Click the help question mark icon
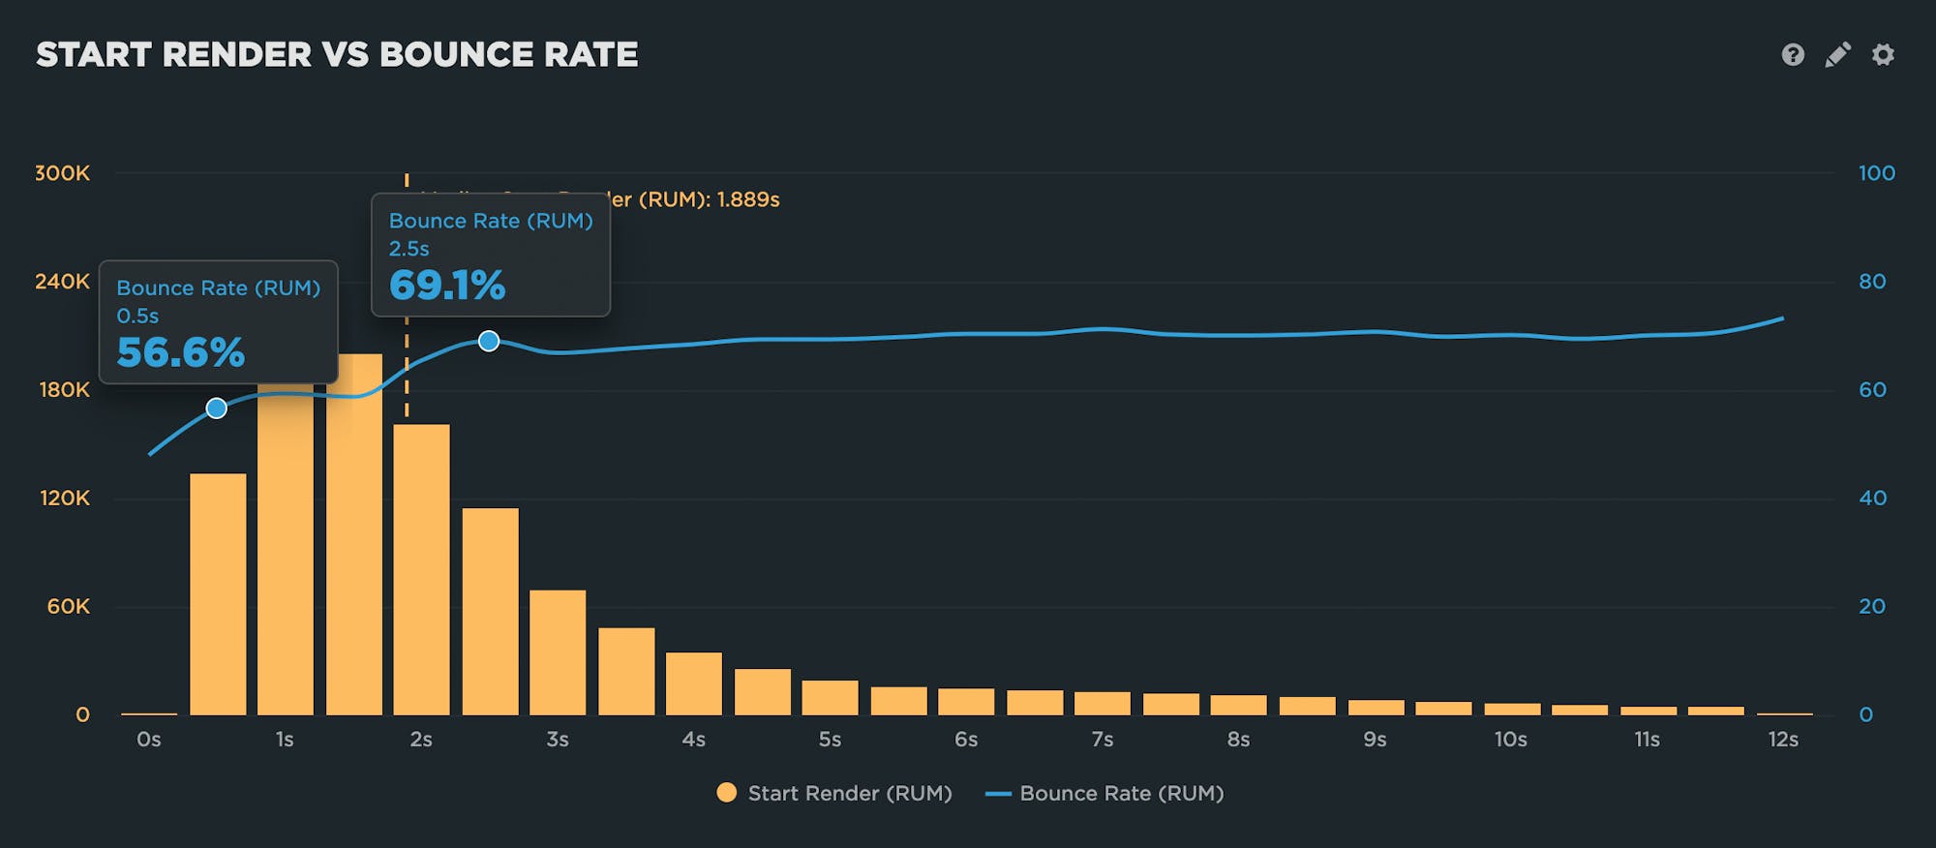[x=1793, y=54]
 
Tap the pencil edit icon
[x=1837, y=54]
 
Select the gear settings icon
[x=1883, y=54]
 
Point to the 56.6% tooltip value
[x=181, y=352]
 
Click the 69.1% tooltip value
[x=447, y=286]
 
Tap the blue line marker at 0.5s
[x=217, y=409]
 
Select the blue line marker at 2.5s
[x=489, y=341]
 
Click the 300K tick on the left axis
[x=63, y=173]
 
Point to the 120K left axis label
[x=65, y=499]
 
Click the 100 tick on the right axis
[x=1876, y=173]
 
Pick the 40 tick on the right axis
[x=1872, y=499]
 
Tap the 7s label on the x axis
[x=1102, y=740]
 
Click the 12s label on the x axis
[x=1783, y=740]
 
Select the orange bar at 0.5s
[x=218, y=594]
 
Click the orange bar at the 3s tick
[x=558, y=652]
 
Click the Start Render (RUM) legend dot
[x=726, y=793]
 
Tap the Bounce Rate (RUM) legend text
[x=1121, y=794]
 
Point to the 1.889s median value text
[x=747, y=199]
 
